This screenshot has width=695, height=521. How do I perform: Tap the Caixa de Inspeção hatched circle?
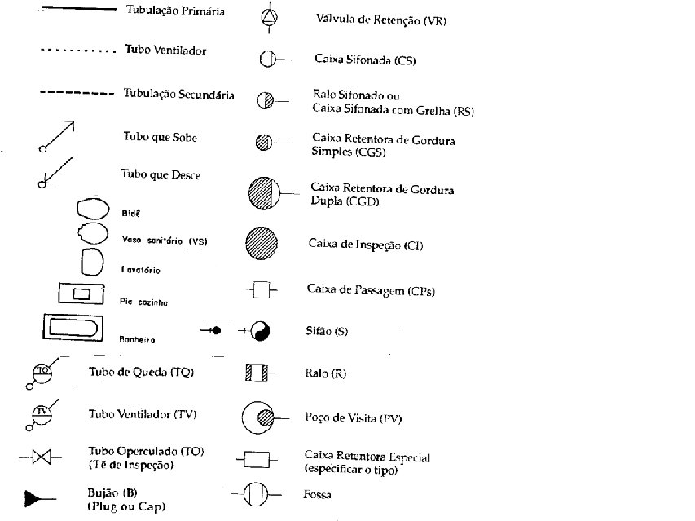(x=262, y=242)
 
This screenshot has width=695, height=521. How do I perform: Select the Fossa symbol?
(x=256, y=494)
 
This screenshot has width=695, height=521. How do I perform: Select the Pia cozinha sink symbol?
(x=80, y=293)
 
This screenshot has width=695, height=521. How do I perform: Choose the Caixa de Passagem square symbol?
(x=262, y=289)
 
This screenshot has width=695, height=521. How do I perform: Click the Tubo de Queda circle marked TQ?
(x=42, y=371)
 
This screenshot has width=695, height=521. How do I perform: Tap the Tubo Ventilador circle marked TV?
(x=42, y=413)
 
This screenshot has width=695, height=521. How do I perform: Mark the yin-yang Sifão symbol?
(x=260, y=331)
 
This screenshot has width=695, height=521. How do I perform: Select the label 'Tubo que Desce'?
(x=161, y=174)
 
